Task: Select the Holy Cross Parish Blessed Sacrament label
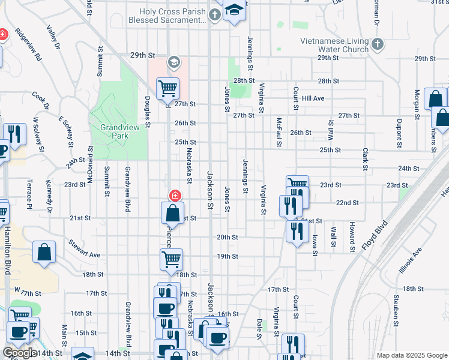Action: click(172, 16)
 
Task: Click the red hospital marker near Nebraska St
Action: click(175, 195)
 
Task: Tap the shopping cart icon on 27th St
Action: click(168, 89)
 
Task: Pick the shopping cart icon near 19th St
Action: click(171, 260)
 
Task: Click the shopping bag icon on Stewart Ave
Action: click(45, 252)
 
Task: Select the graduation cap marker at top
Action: click(235, 10)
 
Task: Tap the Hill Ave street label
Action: click(313, 98)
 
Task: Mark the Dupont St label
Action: click(399, 133)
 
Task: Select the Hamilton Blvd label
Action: click(8, 254)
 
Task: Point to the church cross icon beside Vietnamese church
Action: click(376, 44)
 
